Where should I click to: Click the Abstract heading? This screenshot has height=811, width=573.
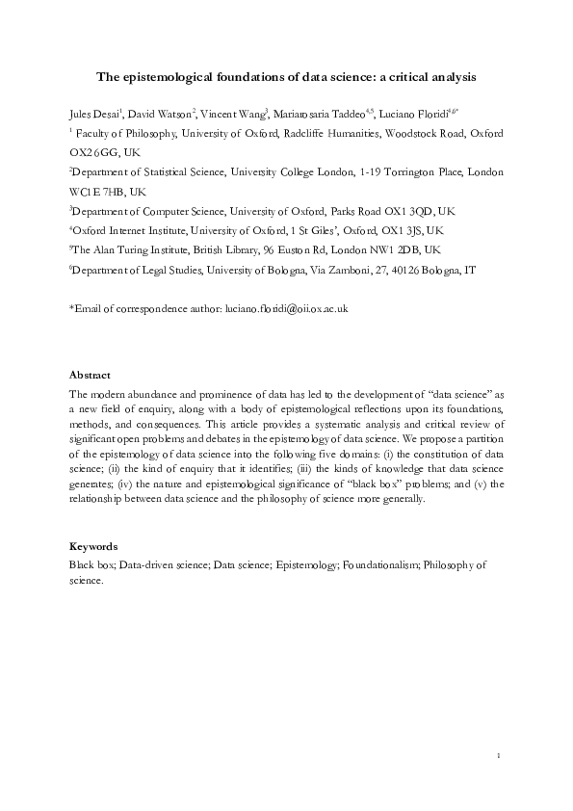tap(90, 375)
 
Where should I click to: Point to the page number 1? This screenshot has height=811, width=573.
tap(499, 753)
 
